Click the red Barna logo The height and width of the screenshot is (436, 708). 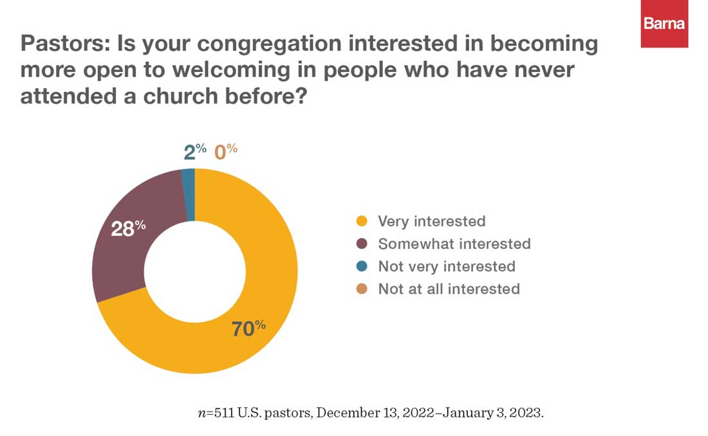[x=664, y=24]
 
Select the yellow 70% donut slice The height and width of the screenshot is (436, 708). [x=270, y=270]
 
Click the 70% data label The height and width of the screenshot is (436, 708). [x=248, y=329]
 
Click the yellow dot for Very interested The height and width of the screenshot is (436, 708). [x=362, y=222]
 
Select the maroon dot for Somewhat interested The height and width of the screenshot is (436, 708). [x=362, y=244]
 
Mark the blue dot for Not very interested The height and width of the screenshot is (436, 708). [x=362, y=266]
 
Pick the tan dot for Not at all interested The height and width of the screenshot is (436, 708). [x=362, y=289]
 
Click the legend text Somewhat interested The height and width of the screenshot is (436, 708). [x=454, y=244]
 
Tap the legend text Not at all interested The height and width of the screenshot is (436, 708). [x=449, y=289]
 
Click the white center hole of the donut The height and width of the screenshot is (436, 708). [x=194, y=271]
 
